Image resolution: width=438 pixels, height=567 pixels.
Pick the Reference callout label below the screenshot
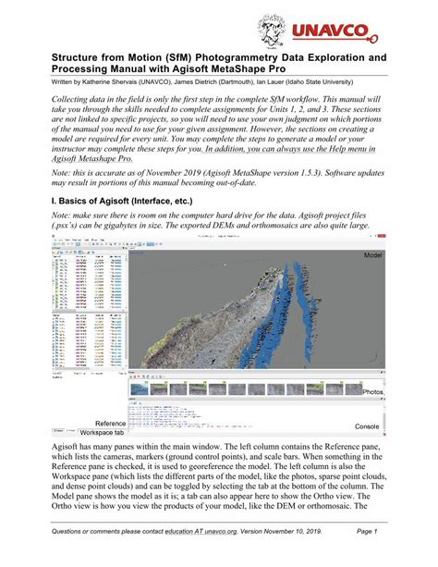pyautogui.click(x=103, y=423)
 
